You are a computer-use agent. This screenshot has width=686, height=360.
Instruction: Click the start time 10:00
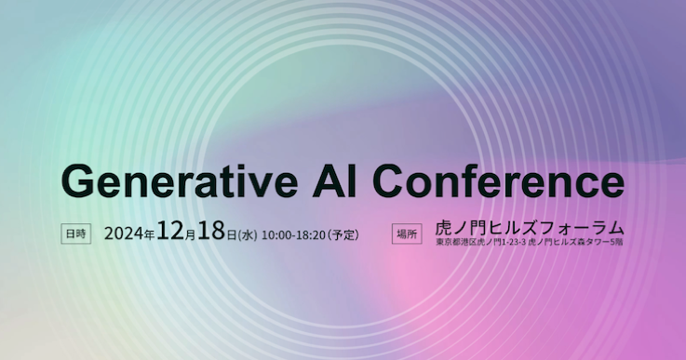pyautogui.click(x=276, y=234)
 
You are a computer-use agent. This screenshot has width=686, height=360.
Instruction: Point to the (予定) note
pyautogui.click(x=343, y=234)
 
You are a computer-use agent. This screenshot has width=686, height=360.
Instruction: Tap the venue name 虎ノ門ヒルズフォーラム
pyautogui.click(x=530, y=228)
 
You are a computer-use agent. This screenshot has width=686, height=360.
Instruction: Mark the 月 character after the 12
pyautogui.click(x=189, y=235)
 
